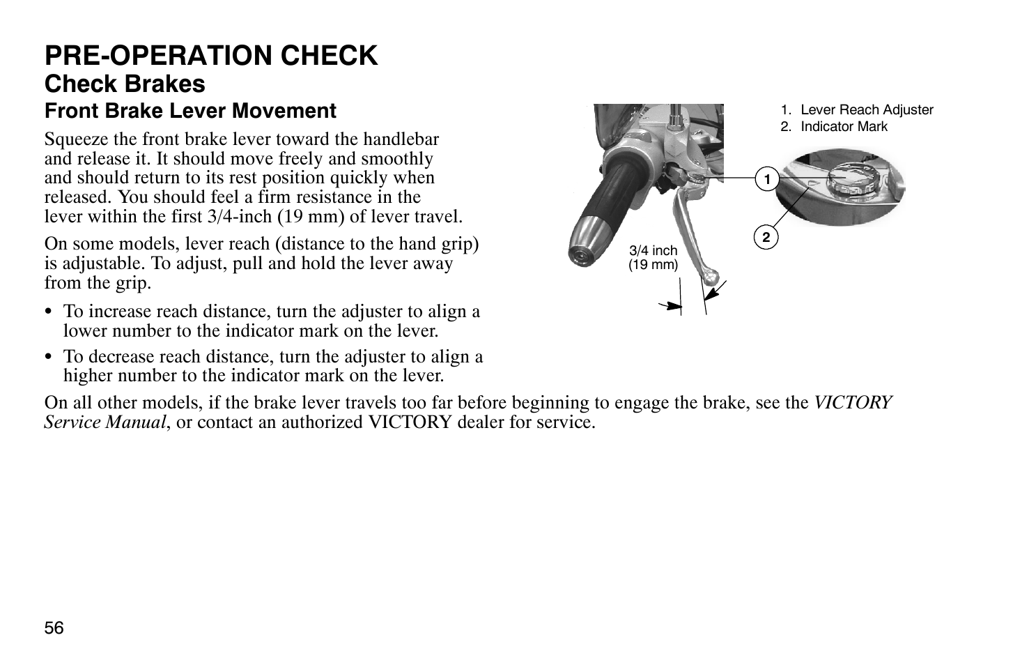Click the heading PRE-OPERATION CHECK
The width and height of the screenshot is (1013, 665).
[x=211, y=56]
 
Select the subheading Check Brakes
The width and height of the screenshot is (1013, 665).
[x=125, y=84]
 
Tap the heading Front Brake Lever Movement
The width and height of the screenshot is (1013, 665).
[x=190, y=111]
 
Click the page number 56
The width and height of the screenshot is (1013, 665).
[x=54, y=628]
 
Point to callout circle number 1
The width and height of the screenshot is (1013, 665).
[x=766, y=180]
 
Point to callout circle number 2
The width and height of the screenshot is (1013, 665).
[x=766, y=238]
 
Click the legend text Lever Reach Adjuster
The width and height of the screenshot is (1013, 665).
[x=866, y=109]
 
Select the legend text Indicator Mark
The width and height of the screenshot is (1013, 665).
[x=844, y=126]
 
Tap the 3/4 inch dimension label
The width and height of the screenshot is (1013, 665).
[x=653, y=251]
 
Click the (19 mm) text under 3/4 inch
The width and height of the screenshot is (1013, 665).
[x=653, y=264]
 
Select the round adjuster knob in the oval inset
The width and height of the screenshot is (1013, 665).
[x=846, y=179]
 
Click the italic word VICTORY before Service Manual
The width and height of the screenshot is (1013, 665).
[x=853, y=403]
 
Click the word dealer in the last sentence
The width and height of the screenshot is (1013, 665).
[x=457, y=422]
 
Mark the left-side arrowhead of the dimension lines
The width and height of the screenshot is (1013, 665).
[x=673, y=305]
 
